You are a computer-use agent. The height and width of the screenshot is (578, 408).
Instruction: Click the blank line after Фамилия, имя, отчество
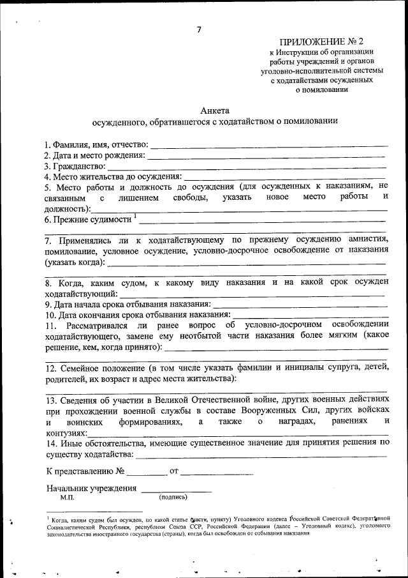(268, 146)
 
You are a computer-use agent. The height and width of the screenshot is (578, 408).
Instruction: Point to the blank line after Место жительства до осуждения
(284, 176)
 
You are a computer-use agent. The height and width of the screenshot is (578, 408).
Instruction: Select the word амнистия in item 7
(363, 241)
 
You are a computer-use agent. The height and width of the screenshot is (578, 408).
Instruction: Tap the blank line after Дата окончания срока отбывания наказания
(310, 314)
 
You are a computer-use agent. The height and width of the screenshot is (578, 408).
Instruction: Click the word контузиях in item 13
(67, 434)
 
